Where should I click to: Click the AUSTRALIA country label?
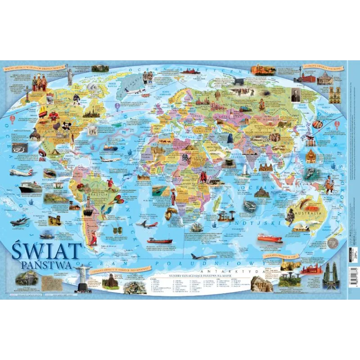pos(308,211)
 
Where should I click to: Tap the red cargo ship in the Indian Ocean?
pos(270,238)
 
